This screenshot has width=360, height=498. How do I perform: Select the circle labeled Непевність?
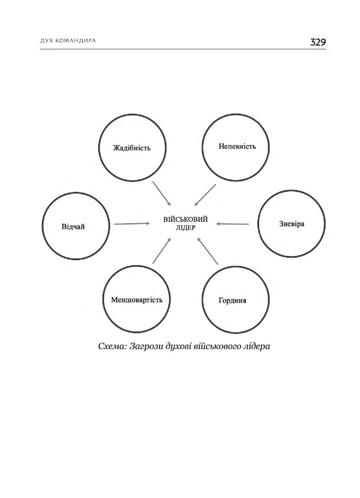pyautogui.click(x=236, y=146)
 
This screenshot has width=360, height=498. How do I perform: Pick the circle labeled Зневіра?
pyautogui.click(x=291, y=224)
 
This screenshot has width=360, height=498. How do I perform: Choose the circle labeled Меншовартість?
pyautogui.click(x=137, y=299)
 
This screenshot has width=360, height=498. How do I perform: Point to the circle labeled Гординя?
pyautogui.click(x=233, y=300)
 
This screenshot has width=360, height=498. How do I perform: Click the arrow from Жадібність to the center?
pyautogui.click(x=162, y=194)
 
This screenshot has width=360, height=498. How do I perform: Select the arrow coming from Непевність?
pyautogui.click(x=205, y=195)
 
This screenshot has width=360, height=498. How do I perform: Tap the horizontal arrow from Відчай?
pyautogui.click(x=132, y=224)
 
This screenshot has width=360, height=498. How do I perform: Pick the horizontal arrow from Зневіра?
pyautogui.click(x=233, y=224)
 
